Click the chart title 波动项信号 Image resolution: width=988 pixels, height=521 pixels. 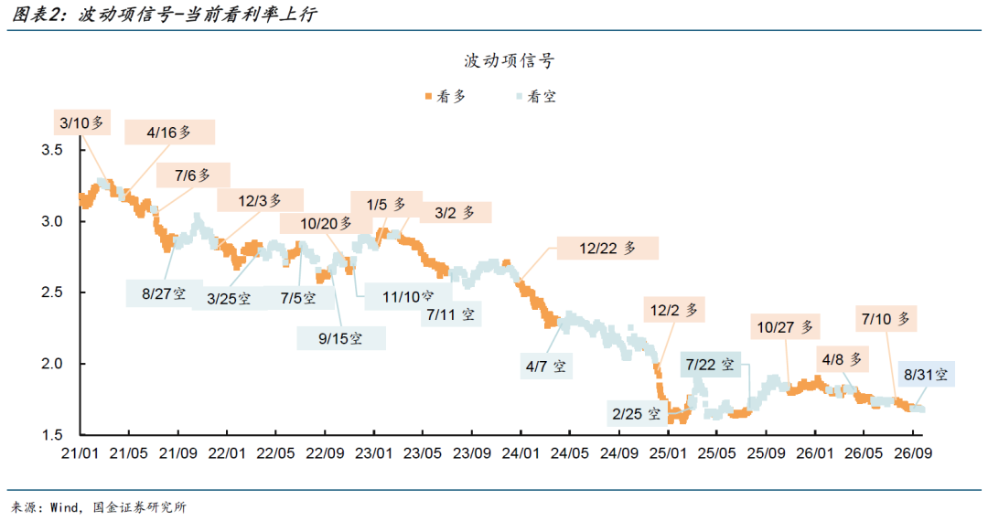(510, 60)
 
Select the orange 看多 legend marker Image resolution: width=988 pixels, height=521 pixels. (428, 96)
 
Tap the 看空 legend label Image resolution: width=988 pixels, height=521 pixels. (542, 96)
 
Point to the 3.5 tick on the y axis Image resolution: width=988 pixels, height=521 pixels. (52, 150)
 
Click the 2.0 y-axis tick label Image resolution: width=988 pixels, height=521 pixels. (52, 364)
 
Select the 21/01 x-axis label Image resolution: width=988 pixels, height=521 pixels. (80, 453)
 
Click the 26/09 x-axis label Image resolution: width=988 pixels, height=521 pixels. (913, 453)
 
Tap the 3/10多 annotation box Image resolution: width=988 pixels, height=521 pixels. (82, 122)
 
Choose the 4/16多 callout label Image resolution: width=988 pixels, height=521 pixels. (169, 133)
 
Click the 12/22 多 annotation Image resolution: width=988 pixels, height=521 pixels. (607, 248)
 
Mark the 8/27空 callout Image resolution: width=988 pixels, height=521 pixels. (164, 293)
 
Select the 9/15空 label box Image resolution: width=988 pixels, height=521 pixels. (341, 338)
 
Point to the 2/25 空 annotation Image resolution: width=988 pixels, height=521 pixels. (637, 413)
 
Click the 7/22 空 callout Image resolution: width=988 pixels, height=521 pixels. (710, 365)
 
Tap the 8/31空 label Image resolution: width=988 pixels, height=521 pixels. (926, 375)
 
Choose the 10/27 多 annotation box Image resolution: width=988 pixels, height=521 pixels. (785, 326)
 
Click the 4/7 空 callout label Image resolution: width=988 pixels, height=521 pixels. (546, 367)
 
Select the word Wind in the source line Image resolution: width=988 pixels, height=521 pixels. (64, 507)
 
